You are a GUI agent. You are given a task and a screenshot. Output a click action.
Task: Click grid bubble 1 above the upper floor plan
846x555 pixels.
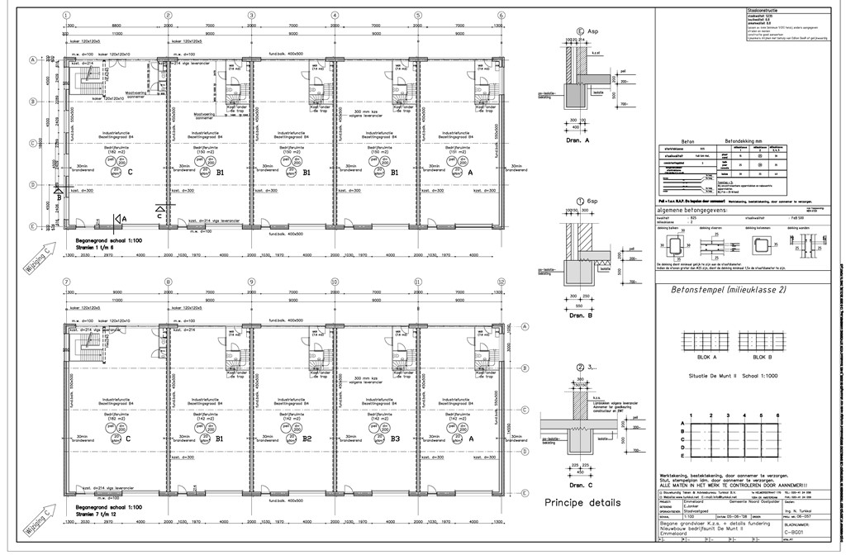pos(64,16)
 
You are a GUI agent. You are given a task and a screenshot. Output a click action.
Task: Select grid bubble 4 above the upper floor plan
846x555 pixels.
pos(335,16)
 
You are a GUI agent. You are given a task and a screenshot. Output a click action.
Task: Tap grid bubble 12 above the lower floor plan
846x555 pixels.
pos(501,282)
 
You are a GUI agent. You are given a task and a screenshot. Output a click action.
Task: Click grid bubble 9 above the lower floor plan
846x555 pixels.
pos(251,282)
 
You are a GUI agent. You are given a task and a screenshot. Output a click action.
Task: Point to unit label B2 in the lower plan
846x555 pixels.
pos(307,439)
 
